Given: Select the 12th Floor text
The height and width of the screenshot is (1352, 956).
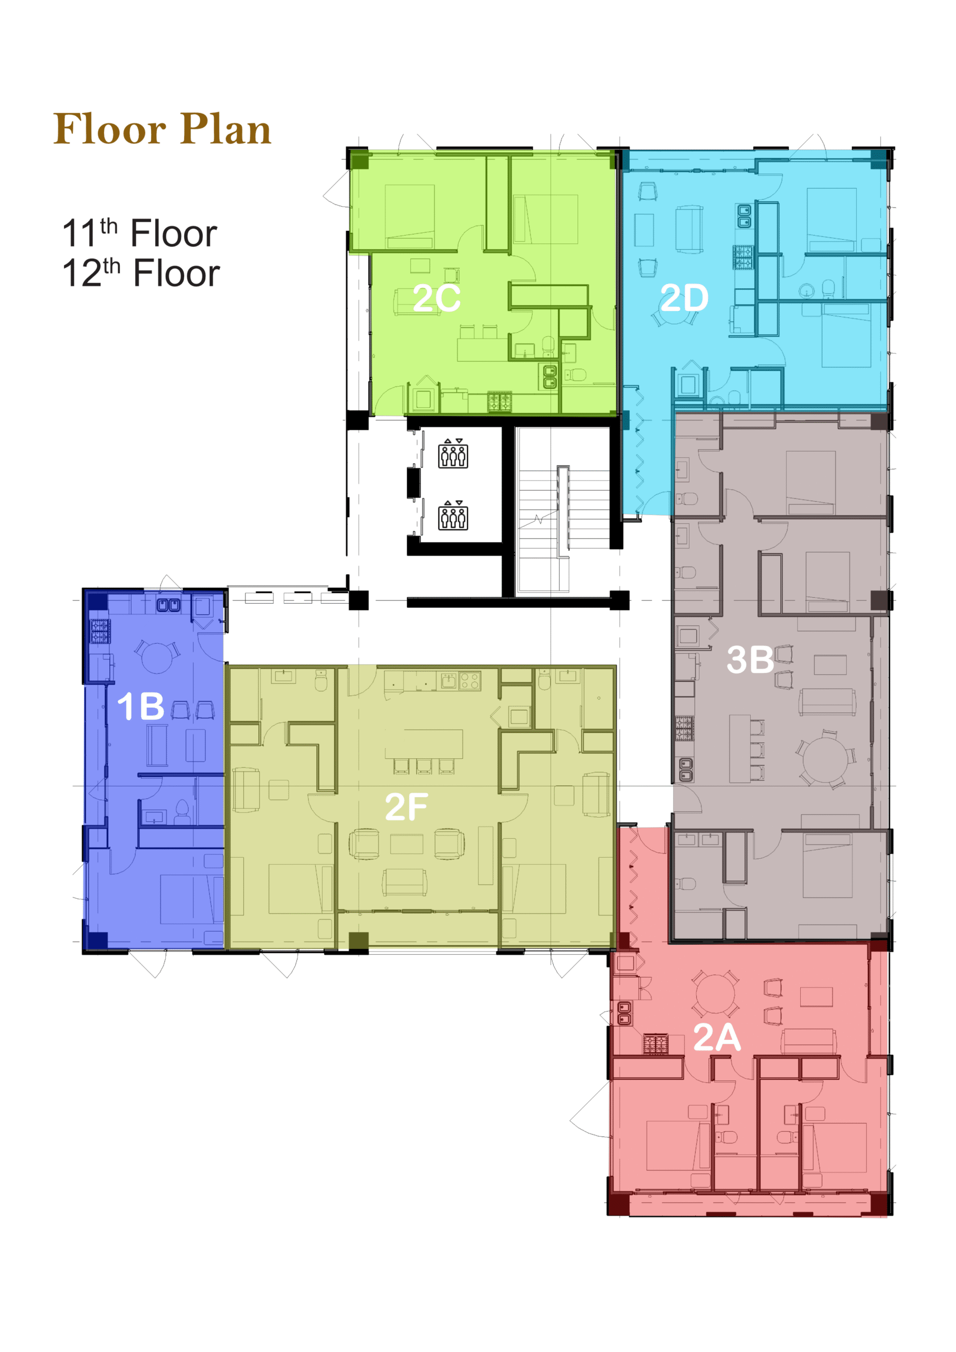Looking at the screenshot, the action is click(141, 273).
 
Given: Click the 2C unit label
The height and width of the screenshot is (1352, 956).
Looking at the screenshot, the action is click(436, 298).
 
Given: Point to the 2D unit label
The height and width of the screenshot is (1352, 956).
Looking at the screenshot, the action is click(684, 298).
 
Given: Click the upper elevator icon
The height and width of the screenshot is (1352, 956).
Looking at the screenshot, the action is click(453, 454).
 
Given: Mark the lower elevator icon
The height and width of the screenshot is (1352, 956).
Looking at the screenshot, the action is click(453, 515).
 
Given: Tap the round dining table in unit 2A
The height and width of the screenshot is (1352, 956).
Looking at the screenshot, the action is click(715, 994).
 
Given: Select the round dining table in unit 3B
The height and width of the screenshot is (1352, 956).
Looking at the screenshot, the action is click(825, 759).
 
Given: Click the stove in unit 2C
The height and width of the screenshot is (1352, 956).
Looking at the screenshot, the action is click(499, 402).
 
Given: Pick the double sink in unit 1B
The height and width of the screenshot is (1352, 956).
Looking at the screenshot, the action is click(168, 605).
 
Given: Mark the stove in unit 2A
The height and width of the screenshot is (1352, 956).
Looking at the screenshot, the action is click(655, 1045).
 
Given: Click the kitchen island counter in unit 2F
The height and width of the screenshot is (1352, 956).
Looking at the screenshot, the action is click(424, 744).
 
